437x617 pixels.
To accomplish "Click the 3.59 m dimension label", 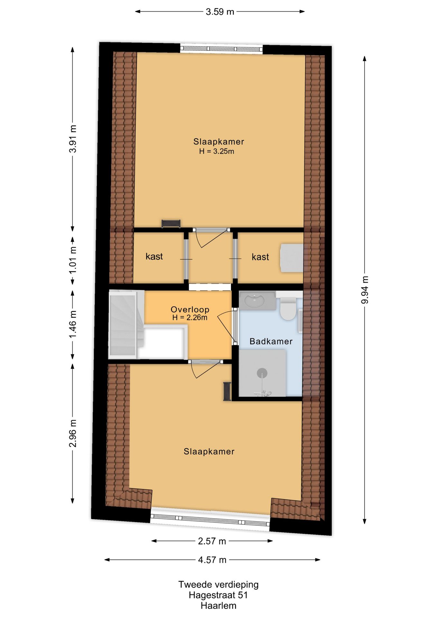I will [220, 12].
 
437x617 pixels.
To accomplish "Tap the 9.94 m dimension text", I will [365, 290].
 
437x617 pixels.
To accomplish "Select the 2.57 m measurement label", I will [212, 541].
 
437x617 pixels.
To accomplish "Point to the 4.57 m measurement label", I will [212, 560].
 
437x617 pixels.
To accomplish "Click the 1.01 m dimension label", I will [73, 260].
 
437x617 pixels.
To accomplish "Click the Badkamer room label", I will [271, 341].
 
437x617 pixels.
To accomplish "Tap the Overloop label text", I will [190, 309].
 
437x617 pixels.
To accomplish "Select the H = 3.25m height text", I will [217, 151].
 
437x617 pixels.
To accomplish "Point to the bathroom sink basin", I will [255, 301].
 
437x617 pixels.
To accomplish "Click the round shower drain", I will [262, 373].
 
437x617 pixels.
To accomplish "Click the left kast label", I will [154, 256].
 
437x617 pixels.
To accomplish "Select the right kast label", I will [260, 257].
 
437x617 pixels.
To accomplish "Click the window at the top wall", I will [221, 49].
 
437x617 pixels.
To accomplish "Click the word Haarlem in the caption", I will [219, 606].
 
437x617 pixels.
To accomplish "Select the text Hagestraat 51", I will [218, 595].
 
